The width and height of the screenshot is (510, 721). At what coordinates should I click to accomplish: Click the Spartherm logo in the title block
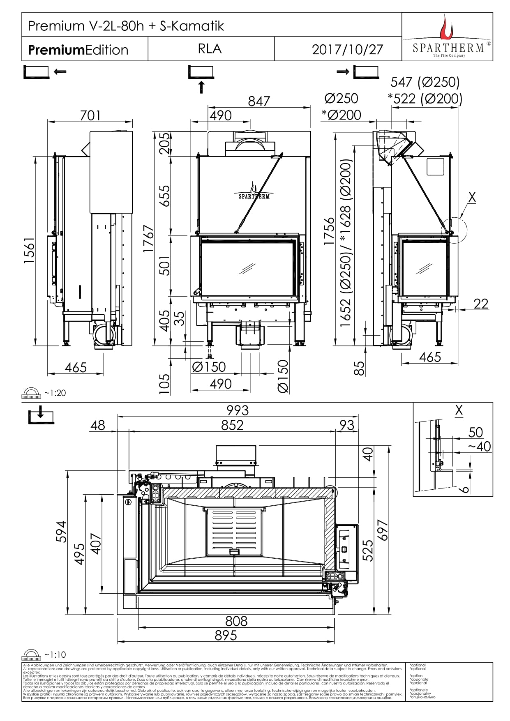(447, 37)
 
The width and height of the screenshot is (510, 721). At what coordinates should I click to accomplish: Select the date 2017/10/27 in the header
(347, 50)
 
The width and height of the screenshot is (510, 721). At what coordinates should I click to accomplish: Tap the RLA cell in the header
(210, 49)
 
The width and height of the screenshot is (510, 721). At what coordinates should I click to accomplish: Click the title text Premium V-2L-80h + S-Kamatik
(126, 26)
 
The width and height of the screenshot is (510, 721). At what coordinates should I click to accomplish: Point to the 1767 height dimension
(148, 239)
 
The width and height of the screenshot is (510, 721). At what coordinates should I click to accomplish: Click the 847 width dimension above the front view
(259, 101)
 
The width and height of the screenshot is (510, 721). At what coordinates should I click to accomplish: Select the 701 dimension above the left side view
(90, 115)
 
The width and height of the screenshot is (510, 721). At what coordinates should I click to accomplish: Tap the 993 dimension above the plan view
(238, 410)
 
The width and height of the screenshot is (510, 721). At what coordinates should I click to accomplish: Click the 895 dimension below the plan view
(226, 636)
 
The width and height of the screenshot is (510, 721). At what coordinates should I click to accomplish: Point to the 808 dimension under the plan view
(236, 621)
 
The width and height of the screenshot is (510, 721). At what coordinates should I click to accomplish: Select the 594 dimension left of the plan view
(61, 532)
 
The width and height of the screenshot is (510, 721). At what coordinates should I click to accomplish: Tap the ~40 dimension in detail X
(479, 446)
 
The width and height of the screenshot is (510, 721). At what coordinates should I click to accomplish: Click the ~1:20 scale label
(55, 393)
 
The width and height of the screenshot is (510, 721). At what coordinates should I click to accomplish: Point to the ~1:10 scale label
(55, 655)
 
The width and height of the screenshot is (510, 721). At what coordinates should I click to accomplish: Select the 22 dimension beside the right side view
(481, 304)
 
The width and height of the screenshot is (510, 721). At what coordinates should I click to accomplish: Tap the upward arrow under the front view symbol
(201, 88)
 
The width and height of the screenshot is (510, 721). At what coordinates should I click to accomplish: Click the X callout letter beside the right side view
(472, 197)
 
